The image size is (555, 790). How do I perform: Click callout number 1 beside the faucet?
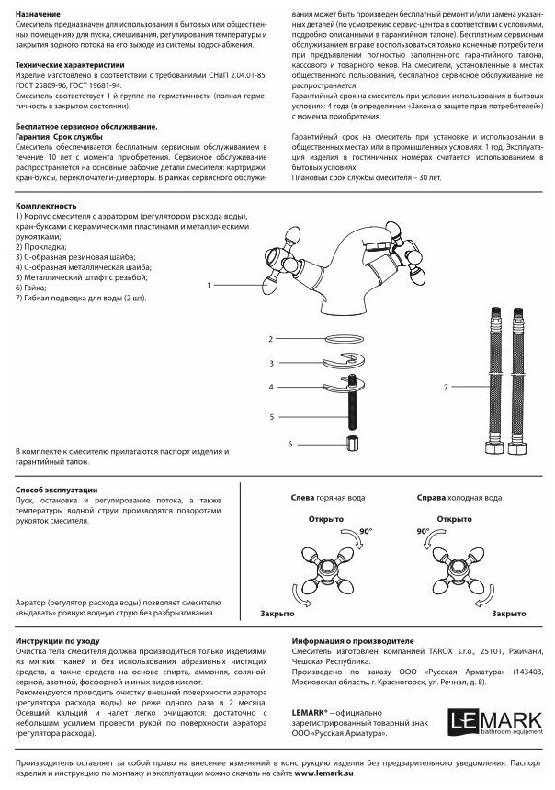click(209, 287)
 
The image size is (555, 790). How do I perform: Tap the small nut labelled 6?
click(349, 445)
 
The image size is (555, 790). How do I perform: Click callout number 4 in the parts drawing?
click(271, 388)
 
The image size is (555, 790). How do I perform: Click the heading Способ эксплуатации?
click(56, 491)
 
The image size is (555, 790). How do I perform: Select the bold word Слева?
click(301, 498)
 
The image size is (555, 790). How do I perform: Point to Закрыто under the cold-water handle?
click(509, 613)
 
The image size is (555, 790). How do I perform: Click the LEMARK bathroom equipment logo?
click(504, 718)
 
